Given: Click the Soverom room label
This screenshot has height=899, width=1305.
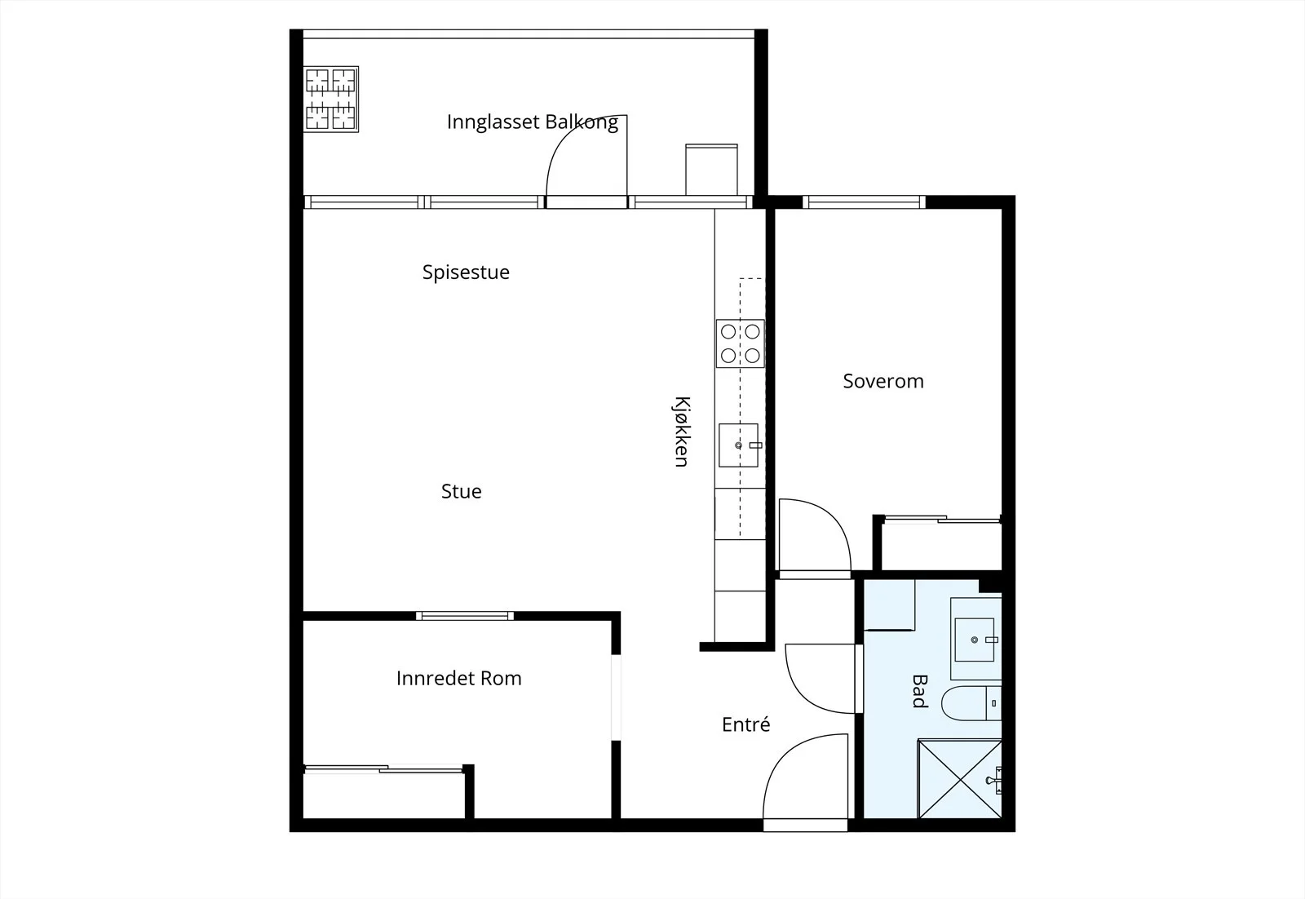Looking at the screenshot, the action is pyautogui.click(x=883, y=381).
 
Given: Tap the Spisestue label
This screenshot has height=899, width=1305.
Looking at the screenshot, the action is pyautogui.click(x=466, y=272).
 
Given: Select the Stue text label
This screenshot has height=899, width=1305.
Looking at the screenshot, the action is pyautogui.click(x=462, y=491).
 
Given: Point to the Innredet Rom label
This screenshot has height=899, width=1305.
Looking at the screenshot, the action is pyautogui.click(x=459, y=678).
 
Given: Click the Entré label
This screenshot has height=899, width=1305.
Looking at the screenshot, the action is pyautogui.click(x=745, y=724).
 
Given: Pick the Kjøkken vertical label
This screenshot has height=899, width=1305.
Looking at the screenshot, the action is pyautogui.click(x=682, y=432).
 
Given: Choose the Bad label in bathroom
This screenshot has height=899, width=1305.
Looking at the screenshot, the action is pyautogui.click(x=919, y=691).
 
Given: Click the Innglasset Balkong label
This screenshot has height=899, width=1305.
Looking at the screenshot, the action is pyautogui.click(x=533, y=122).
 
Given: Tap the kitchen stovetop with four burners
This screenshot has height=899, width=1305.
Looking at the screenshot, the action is pyautogui.click(x=741, y=343).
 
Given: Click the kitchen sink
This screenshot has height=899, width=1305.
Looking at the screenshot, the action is pyautogui.click(x=739, y=445).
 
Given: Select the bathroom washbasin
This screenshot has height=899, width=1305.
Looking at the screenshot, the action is pyautogui.click(x=975, y=640).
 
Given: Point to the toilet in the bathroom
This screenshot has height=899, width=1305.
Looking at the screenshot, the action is pyautogui.click(x=971, y=703).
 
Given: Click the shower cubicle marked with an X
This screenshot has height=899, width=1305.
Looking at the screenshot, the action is pyautogui.click(x=959, y=779).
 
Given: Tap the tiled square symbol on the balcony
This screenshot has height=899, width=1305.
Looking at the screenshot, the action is pyautogui.click(x=331, y=99).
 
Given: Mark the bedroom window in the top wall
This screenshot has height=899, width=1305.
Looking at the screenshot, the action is pyautogui.click(x=864, y=202).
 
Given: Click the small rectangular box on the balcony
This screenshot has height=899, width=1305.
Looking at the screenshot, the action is pyautogui.click(x=711, y=170).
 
